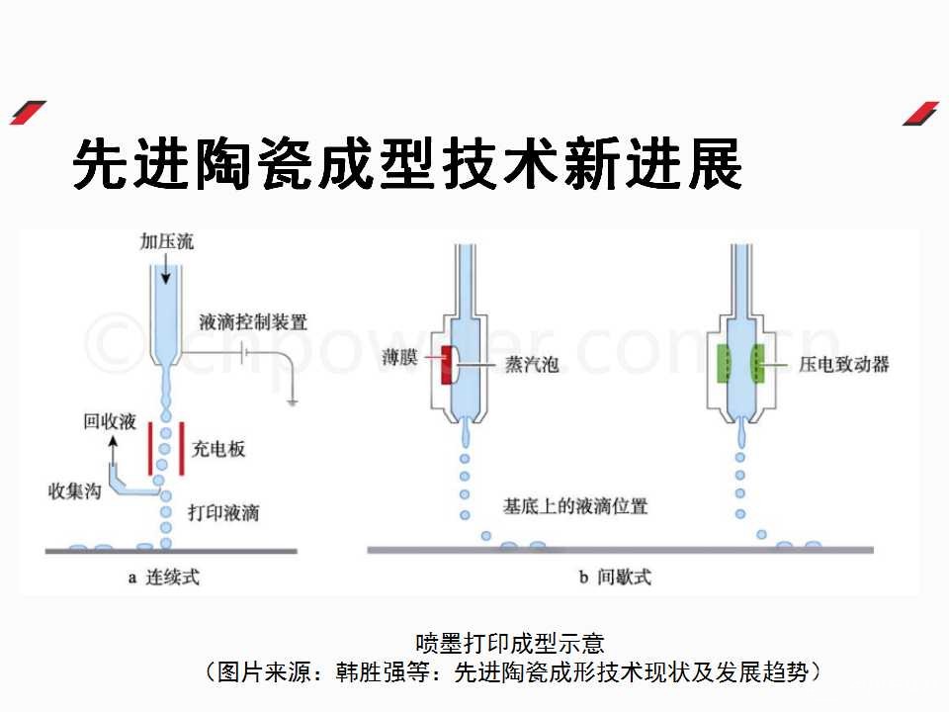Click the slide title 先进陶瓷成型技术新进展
[x=407, y=163]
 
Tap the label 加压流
[x=165, y=241]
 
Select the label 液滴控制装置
[x=253, y=322]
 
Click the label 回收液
[x=109, y=422]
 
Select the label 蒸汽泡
[x=532, y=365]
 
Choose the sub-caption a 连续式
[x=163, y=578]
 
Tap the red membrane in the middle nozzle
[x=450, y=365]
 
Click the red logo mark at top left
[x=28, y=113]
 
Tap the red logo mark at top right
[x=920, y=113]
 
